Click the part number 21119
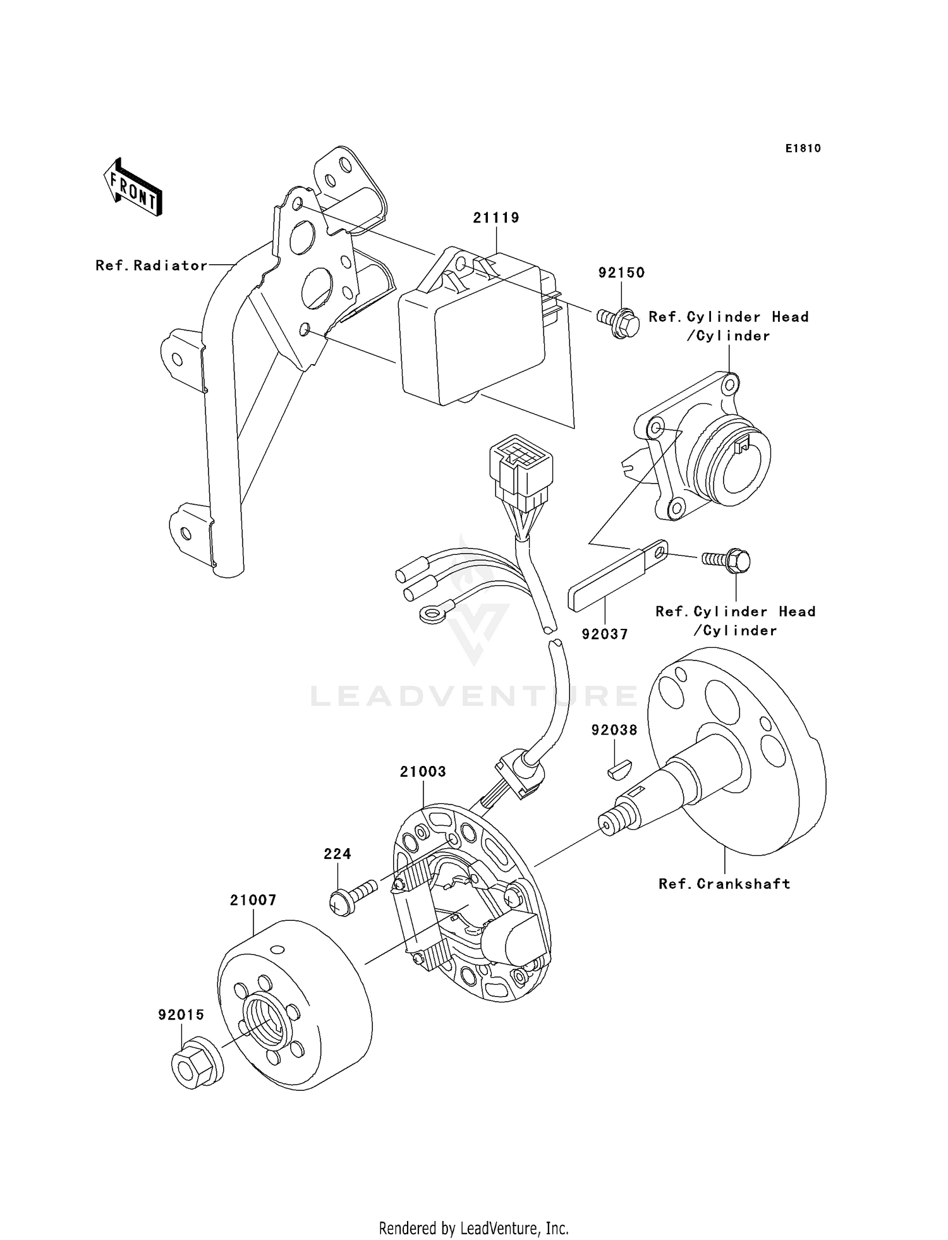point(496,217)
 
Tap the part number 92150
point(621,272)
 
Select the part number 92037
point(605,634)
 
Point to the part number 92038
point(614,730)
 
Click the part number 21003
point(423,771)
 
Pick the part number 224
point(337,854)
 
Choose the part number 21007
point(253,900)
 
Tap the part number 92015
point(181,1014)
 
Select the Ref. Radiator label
point(152,265)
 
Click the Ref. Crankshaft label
point(724,884)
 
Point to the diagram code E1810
point(803,149)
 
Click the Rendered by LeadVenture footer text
point(473,1228)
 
